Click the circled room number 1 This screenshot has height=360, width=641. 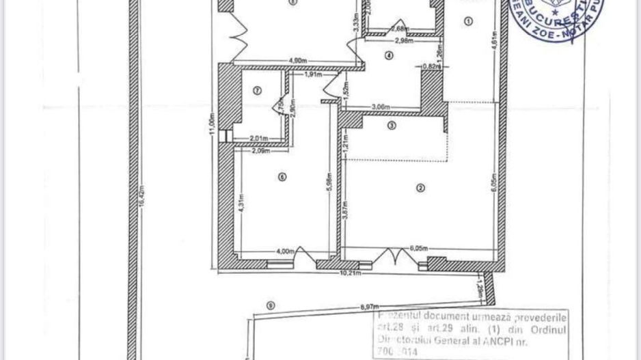tap(468, 22)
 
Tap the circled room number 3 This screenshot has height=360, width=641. tap(392, 126)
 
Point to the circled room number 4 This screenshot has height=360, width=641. tap(389, 56)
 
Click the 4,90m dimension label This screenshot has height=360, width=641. tap(298, 62)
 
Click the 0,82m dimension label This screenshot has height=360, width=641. tap(431, 66)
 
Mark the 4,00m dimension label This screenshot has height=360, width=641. tap(286, 251)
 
